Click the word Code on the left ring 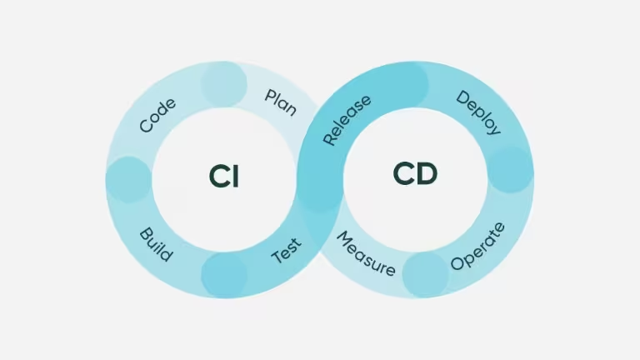157,116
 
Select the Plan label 281,102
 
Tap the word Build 156,244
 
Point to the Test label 287,252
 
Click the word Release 347,121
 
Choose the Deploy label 478,112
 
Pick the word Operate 477,246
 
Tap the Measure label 365,254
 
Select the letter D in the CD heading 426,174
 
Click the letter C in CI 218,176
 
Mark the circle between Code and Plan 224,84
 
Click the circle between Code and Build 128,179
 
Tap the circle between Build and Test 224,274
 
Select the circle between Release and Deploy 406,83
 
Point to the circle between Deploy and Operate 509,170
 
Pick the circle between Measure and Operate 426,274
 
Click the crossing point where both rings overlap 320,179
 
